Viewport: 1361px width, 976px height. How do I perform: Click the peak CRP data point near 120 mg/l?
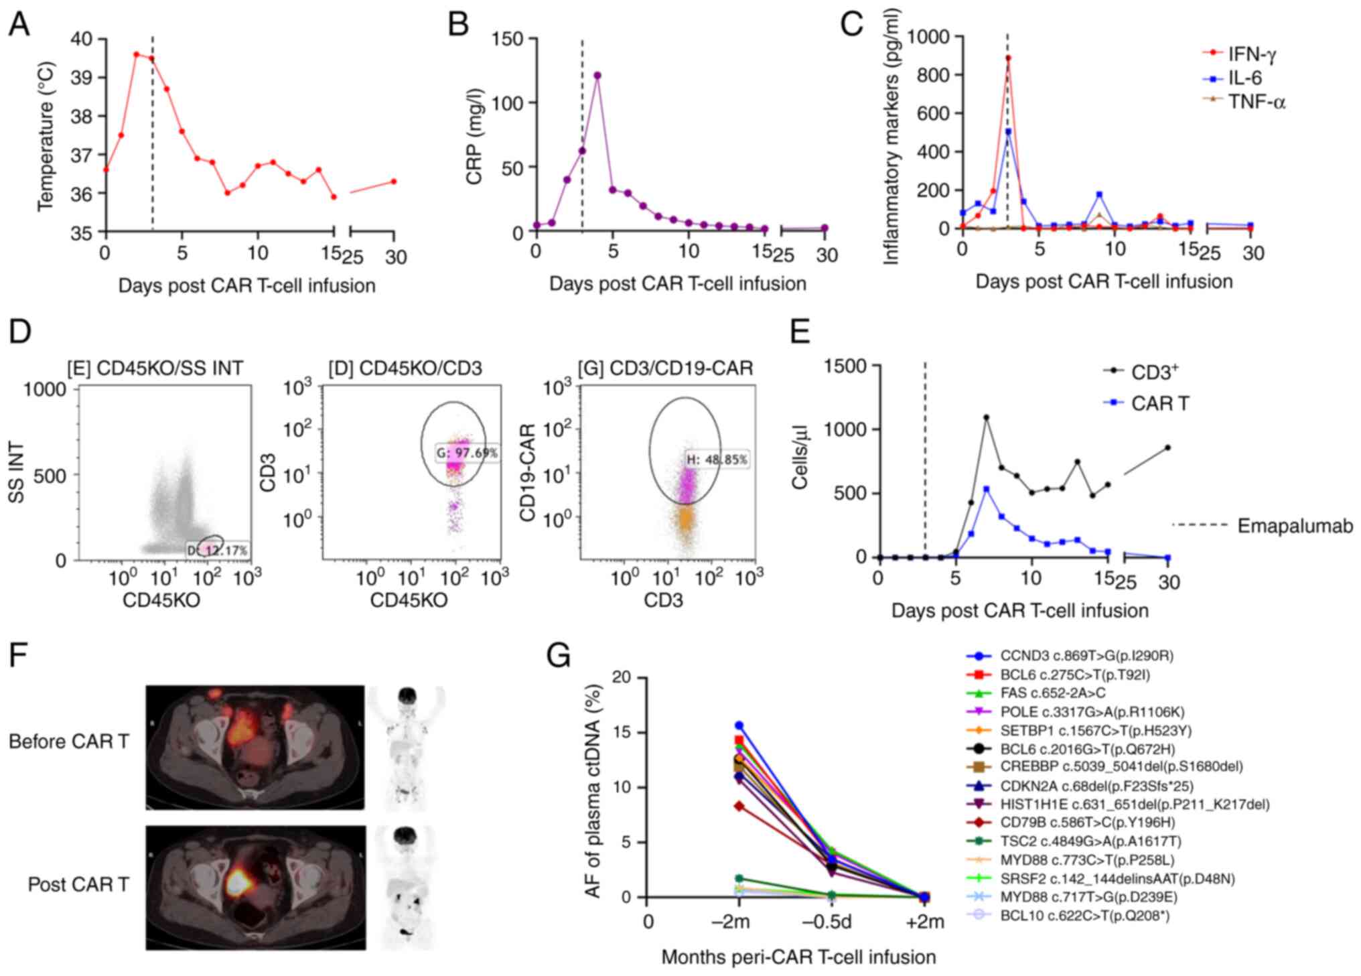click(597, 75)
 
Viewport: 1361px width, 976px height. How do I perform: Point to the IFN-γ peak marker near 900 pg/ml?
click(1008, 58)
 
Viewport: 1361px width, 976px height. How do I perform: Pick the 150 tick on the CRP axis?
click(507, 39)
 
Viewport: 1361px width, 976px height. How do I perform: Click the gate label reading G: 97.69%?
click(467, 453)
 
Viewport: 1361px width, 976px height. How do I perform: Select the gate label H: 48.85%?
click(715, 460)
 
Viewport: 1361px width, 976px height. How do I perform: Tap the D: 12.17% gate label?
click(217, 550)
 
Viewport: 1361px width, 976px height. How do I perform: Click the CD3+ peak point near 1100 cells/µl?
click(986, 417)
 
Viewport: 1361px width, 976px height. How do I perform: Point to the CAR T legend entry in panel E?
click(1159, 403)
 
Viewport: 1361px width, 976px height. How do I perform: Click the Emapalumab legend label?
click(1295, 526)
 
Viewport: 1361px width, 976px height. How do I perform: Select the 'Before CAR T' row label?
click(70, 742)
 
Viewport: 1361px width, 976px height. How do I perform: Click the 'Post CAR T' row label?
click(78, 884)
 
